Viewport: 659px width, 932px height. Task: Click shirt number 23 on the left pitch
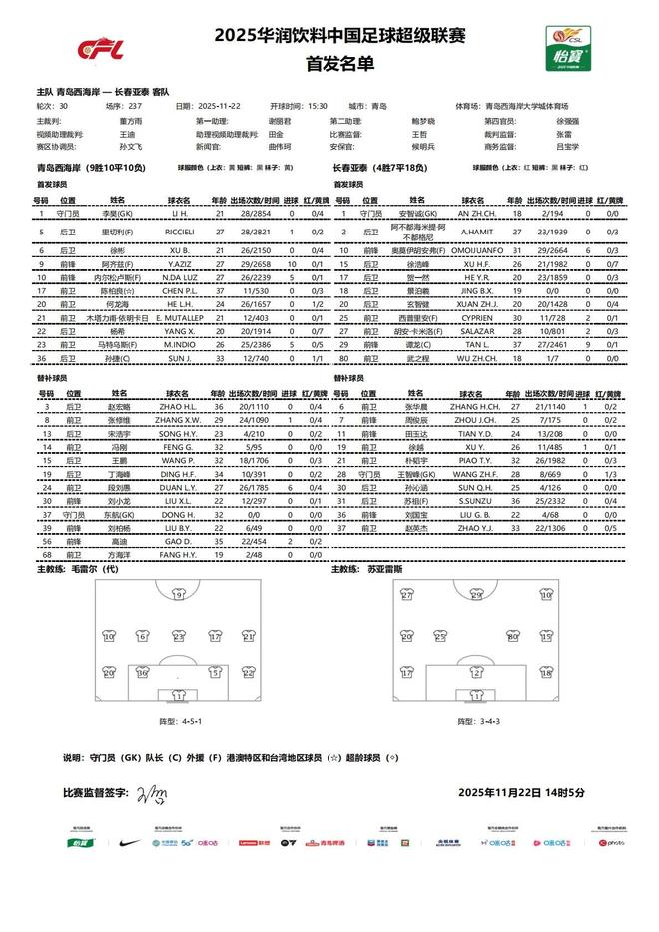[179, 635]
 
